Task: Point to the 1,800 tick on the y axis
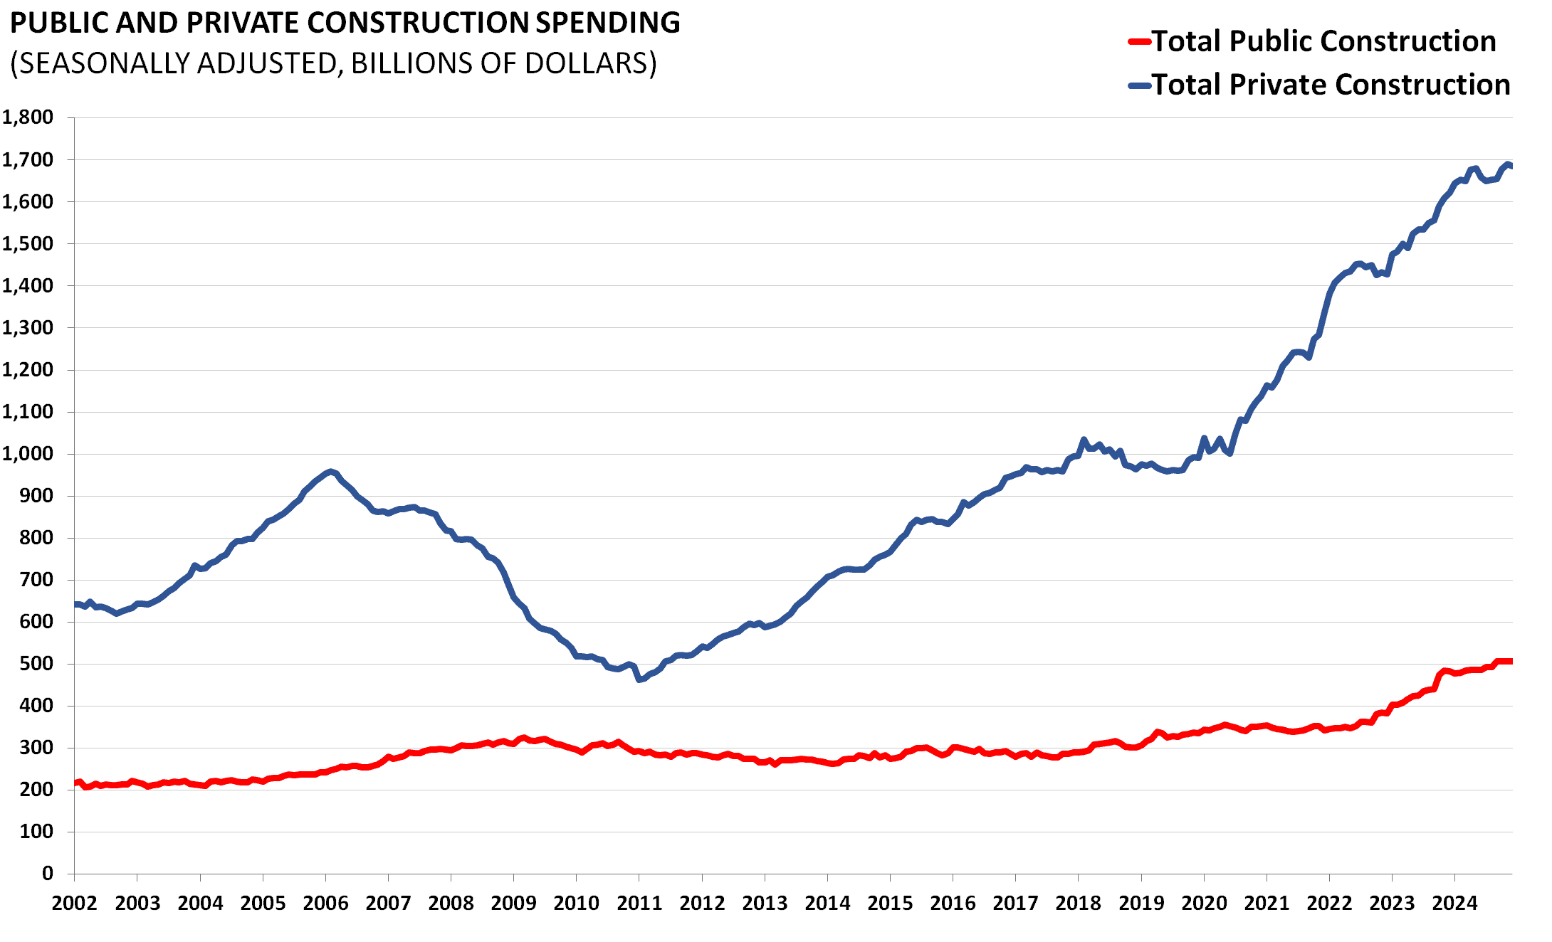[28, 117]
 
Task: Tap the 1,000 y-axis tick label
[28, 454]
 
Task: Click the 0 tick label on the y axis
[48, 874]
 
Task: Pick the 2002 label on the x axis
[75, 904]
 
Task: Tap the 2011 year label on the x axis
[639, 904]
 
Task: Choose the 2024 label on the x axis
[1454, 904]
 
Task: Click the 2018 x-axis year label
[1078, 904]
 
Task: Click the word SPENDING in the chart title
[607, 23]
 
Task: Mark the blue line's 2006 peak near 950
[330, 471]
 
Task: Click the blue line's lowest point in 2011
[639, 680]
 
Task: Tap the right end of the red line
[1510, 662]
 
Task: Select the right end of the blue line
[1510, 166]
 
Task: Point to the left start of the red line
[75, 783]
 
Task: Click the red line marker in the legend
[1139, 42]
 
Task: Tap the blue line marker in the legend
[1139, 85]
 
